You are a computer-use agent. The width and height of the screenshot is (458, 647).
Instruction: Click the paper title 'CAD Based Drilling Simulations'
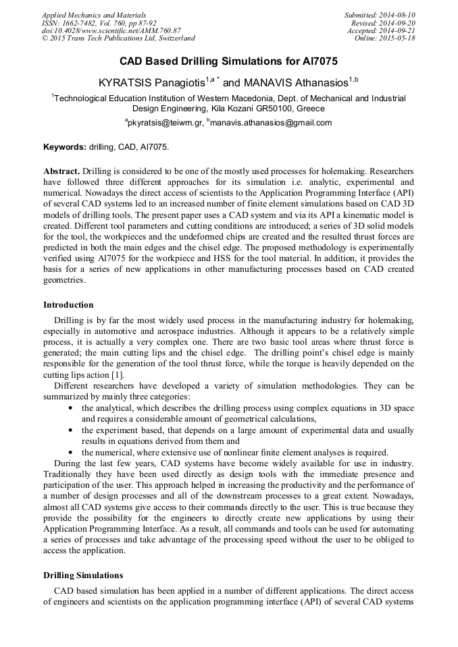click(228, 61)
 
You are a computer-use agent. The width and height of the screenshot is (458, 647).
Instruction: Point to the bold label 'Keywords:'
click(65, 146)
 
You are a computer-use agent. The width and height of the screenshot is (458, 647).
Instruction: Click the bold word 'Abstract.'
click(62, 171)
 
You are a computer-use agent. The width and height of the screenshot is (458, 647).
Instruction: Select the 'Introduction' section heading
click(68, 305)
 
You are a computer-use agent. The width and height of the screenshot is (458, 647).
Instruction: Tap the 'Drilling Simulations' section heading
click(83, 575)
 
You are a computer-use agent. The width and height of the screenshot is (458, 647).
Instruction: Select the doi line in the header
click(111, 31)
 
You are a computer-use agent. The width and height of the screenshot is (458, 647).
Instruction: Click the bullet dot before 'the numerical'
click(72, 452)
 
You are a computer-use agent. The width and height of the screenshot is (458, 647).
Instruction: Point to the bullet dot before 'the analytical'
click(72, 409)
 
